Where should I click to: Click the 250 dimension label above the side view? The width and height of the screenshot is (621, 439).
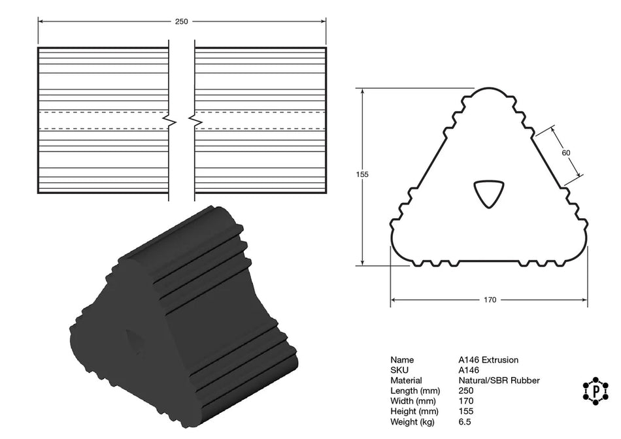pos(181,22)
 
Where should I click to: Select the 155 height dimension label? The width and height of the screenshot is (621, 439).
pos(363,174)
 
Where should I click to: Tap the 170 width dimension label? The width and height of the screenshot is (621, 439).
pos(490,300)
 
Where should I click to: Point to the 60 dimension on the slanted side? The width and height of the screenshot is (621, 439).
pos(566,152)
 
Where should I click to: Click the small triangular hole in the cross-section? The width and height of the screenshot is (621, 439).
pos(488,193)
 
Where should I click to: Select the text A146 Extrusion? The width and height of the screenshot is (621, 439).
pos(488,360)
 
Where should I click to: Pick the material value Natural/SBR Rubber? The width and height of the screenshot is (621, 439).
pos(499,380)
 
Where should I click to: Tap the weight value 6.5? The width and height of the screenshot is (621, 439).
pos(465,421)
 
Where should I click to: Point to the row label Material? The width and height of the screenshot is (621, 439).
pos(406,380)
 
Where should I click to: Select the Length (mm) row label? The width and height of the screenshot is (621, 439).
pos(413,391)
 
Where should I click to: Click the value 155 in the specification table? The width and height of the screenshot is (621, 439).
pos(465,412)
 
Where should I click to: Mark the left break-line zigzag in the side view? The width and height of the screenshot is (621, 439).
pos(169,121)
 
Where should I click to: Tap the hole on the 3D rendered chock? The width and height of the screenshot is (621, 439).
pos(135,340)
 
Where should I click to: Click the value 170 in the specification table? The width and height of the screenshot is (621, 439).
pos(465,401)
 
